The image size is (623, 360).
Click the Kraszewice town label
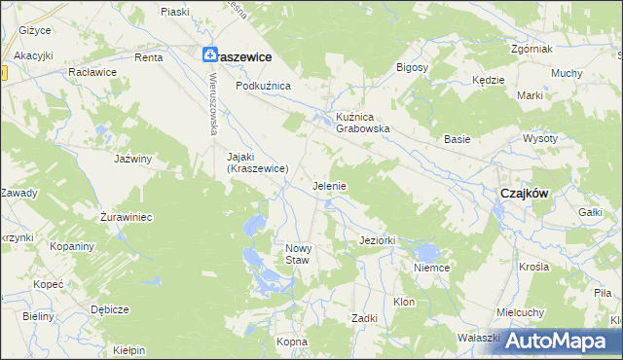tap(244, 57)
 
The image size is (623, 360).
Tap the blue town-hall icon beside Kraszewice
tap(209, 57)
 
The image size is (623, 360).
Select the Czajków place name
tap(524, 193)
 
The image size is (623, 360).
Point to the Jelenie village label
tap(329, 185)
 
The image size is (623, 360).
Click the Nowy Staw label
tap(298, 254)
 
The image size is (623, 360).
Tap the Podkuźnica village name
tap(263, 86)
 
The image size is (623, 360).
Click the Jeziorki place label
tap(376, 239)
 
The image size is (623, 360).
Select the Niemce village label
tap(429, 267)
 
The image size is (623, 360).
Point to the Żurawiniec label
tap(128, 217)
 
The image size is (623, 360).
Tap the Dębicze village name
tap(110, 309)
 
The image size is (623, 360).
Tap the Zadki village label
tap(364, 318)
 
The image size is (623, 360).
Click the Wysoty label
tap(567, 138)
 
